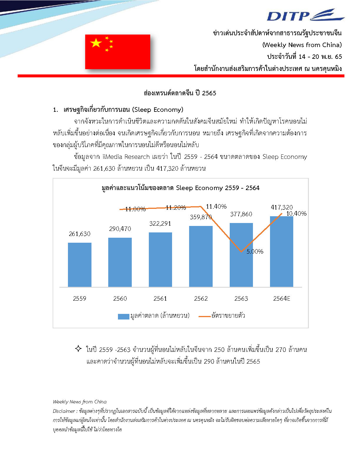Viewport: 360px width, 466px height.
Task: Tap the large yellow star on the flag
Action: pos(96,43)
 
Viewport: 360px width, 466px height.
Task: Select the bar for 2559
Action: pos(79,264)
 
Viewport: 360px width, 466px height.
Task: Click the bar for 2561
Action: pos(160,259)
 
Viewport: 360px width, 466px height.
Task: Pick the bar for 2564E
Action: pos(281,252)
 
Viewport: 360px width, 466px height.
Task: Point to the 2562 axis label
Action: pos(201,299)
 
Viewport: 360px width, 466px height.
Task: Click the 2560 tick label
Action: pos(120,299)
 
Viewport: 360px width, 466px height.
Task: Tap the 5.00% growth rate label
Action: pos(255,252)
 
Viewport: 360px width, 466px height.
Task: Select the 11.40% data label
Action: pos(216,207)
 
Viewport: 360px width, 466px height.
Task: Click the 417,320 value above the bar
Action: pos(282,207)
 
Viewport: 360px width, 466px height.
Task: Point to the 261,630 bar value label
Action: pos(79,234)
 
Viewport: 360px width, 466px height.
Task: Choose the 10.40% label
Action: pos(296,214)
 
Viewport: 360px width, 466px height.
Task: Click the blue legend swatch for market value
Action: pos(123,316)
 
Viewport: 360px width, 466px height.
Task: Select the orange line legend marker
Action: pos(204,316)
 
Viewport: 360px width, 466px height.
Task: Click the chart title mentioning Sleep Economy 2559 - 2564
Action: pos(180,188)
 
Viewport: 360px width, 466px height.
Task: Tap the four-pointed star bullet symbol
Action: pos(78,349)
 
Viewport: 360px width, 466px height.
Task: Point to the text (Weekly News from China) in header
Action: pos(302,45)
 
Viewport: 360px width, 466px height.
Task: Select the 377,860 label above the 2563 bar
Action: pos(241,214)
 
